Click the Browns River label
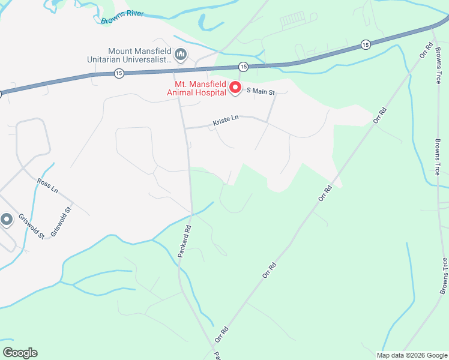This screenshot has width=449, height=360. pos(122,17)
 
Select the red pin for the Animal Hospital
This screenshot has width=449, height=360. pos(235,88)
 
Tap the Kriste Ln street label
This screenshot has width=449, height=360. pos(226,121)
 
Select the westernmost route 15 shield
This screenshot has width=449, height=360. pos(119,73)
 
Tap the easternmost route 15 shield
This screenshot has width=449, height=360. pos(365,44)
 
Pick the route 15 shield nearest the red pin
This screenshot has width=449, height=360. pos(243,65)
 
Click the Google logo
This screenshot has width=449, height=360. pos(20,353)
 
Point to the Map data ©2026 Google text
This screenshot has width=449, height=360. pos(411,355)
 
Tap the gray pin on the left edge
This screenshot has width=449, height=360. pos(7,220)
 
